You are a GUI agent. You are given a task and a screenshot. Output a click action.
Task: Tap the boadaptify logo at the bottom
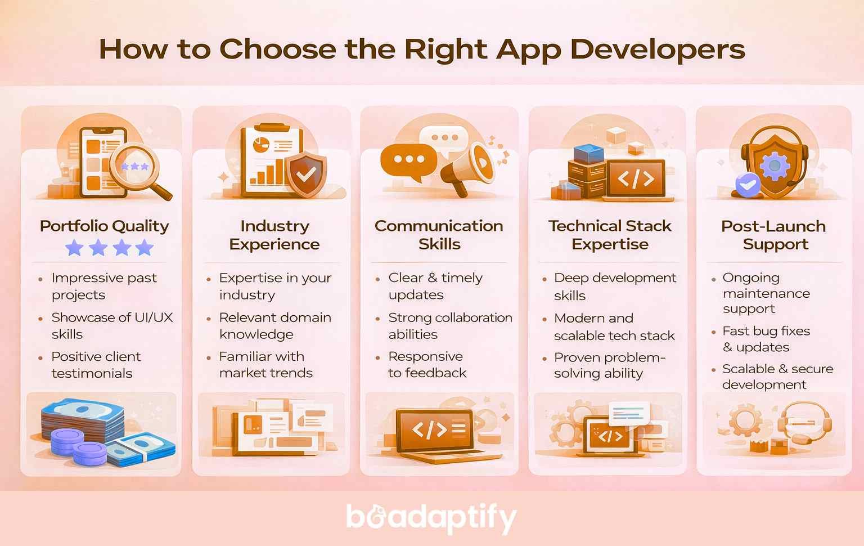coord(431,518)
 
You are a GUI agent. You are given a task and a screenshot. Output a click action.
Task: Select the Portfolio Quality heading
coord(104,226)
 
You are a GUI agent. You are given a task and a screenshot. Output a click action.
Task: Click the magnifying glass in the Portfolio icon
coord(138,168)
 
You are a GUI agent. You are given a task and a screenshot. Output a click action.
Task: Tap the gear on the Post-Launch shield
coord(774,165)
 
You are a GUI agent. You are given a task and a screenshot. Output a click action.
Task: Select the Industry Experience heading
coord(274,235)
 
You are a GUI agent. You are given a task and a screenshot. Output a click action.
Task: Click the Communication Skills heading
coord(439,235)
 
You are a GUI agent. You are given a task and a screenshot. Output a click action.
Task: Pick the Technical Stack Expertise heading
coord(610,235)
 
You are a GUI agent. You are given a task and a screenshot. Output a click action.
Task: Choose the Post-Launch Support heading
coord(773,235)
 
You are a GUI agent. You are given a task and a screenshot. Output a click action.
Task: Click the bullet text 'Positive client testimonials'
coord(96,365)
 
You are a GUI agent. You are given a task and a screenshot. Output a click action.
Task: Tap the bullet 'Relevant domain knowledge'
coord(274,325)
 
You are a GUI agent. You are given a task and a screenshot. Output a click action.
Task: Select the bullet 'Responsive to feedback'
coord(426,364)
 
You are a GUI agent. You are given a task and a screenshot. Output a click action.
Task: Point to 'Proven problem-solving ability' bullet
coord(609,365)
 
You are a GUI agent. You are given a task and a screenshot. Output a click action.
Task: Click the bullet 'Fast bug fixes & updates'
coord(766,339)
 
